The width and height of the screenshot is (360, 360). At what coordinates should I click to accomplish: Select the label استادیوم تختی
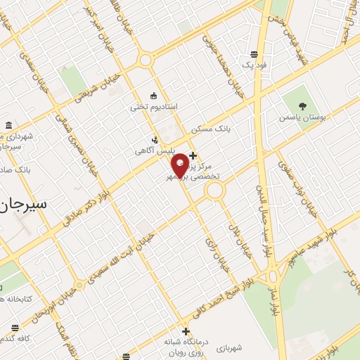pyautogui.click(x=153, y=107)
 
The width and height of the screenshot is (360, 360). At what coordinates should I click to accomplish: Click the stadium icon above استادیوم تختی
pyautogui.click(x=154, y=96)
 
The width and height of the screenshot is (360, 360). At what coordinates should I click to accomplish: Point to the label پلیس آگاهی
pyautogui.click(x=153, y=151)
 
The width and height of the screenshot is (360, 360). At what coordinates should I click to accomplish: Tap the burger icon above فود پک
pyautogui.click(x=253, y=53)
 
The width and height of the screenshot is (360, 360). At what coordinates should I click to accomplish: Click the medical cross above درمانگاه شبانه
pyautogui.click(x=186, y=331)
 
